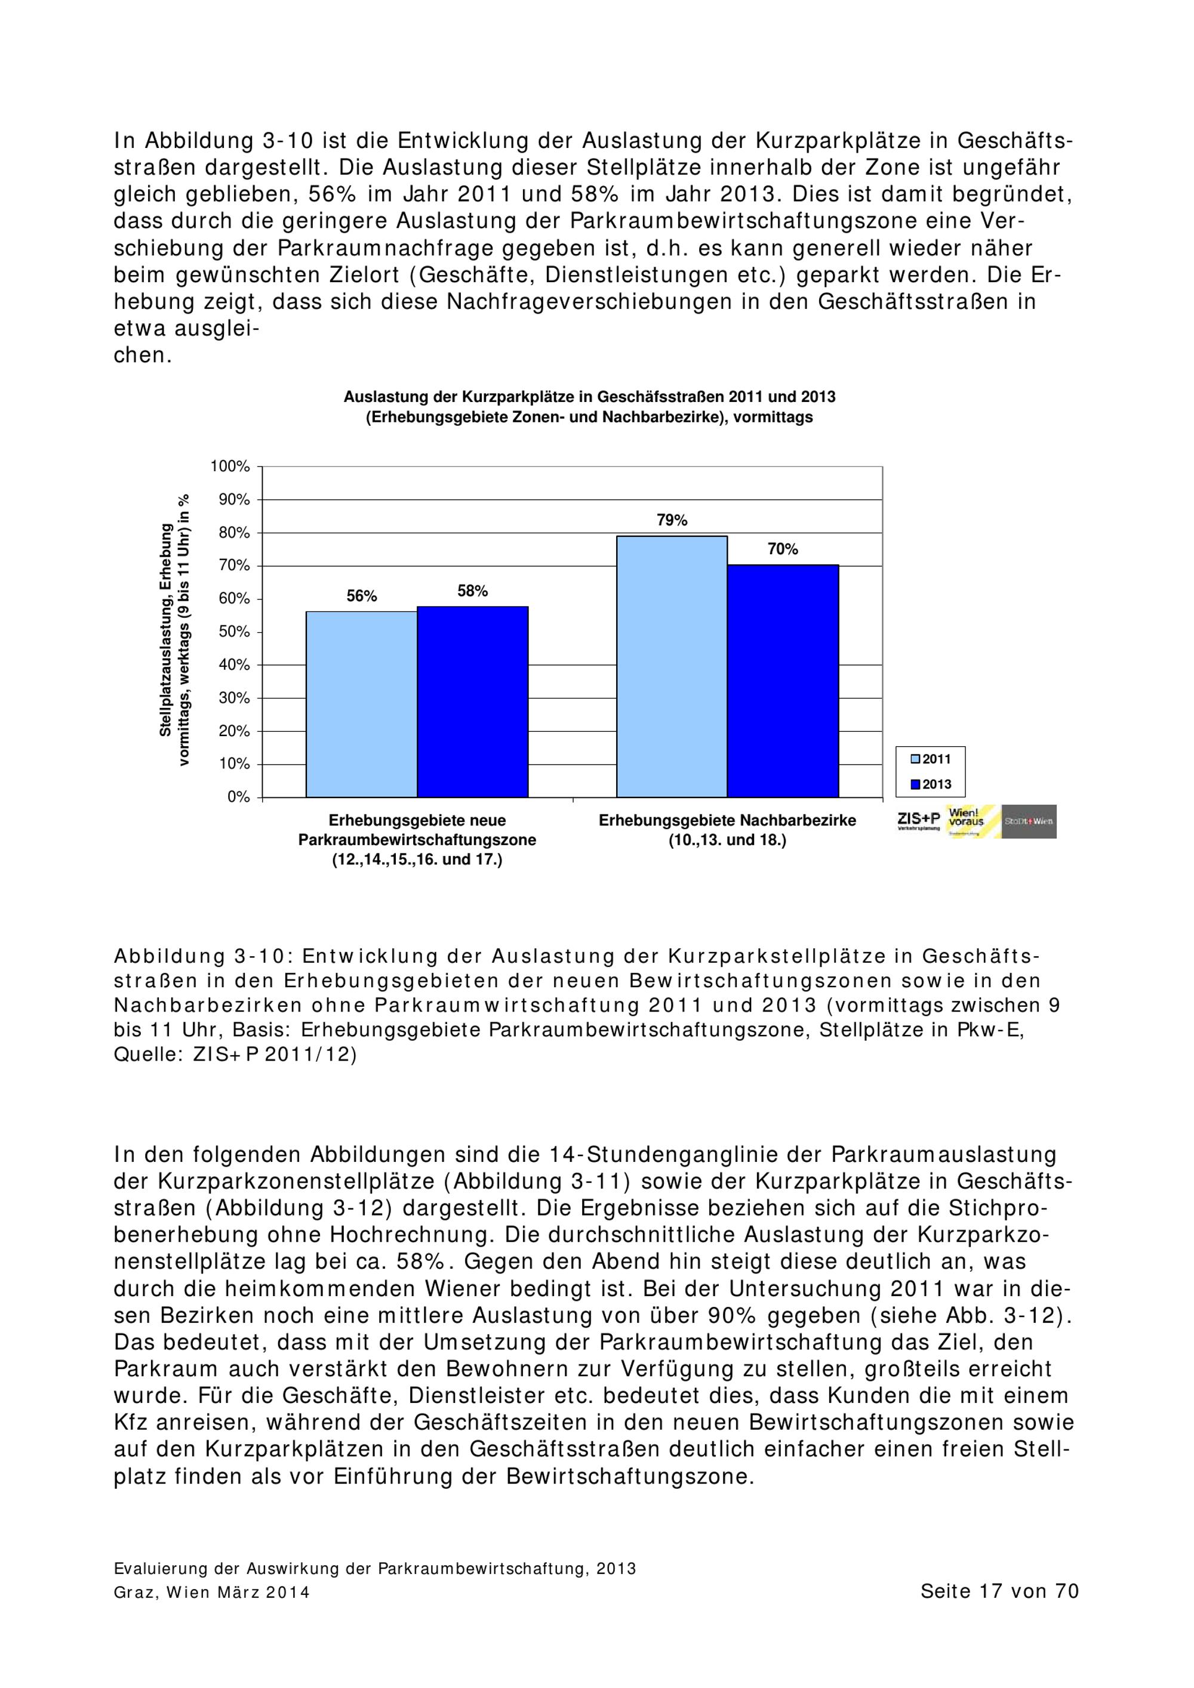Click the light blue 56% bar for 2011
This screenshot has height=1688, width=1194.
coord(361,704)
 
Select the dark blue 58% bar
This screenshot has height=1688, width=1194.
coord(472,701)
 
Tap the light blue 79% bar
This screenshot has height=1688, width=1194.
coord(672,666)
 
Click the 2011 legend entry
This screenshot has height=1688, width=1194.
coord(931,759)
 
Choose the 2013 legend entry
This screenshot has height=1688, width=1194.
coord(931,784)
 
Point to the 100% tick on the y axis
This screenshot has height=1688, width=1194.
coord(230,467)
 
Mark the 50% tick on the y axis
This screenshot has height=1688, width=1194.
coord(234,632)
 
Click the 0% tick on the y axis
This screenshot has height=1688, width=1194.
coord(238,797)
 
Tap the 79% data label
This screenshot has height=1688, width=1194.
coord(672,521)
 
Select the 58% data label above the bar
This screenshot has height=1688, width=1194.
coord(472,591)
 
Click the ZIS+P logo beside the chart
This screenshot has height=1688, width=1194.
coord(919,821)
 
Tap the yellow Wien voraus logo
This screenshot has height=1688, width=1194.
coord(973,822)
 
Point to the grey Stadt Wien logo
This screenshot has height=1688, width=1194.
coord(1029,822)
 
